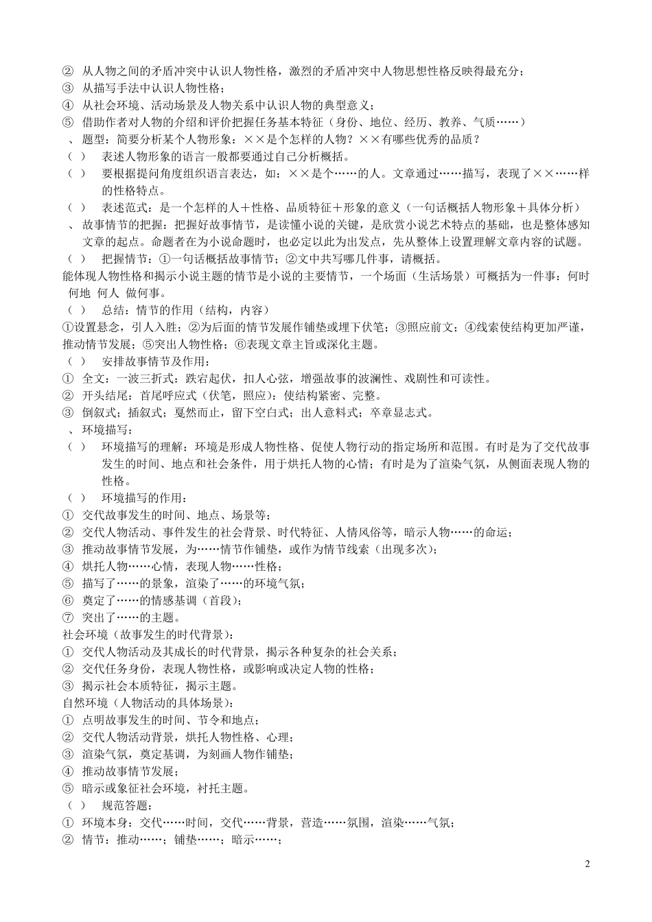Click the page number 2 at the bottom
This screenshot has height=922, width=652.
tap(587, 863)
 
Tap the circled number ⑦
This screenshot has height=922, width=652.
tap(67, 617)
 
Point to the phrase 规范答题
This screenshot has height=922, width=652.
tap(125, 805)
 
